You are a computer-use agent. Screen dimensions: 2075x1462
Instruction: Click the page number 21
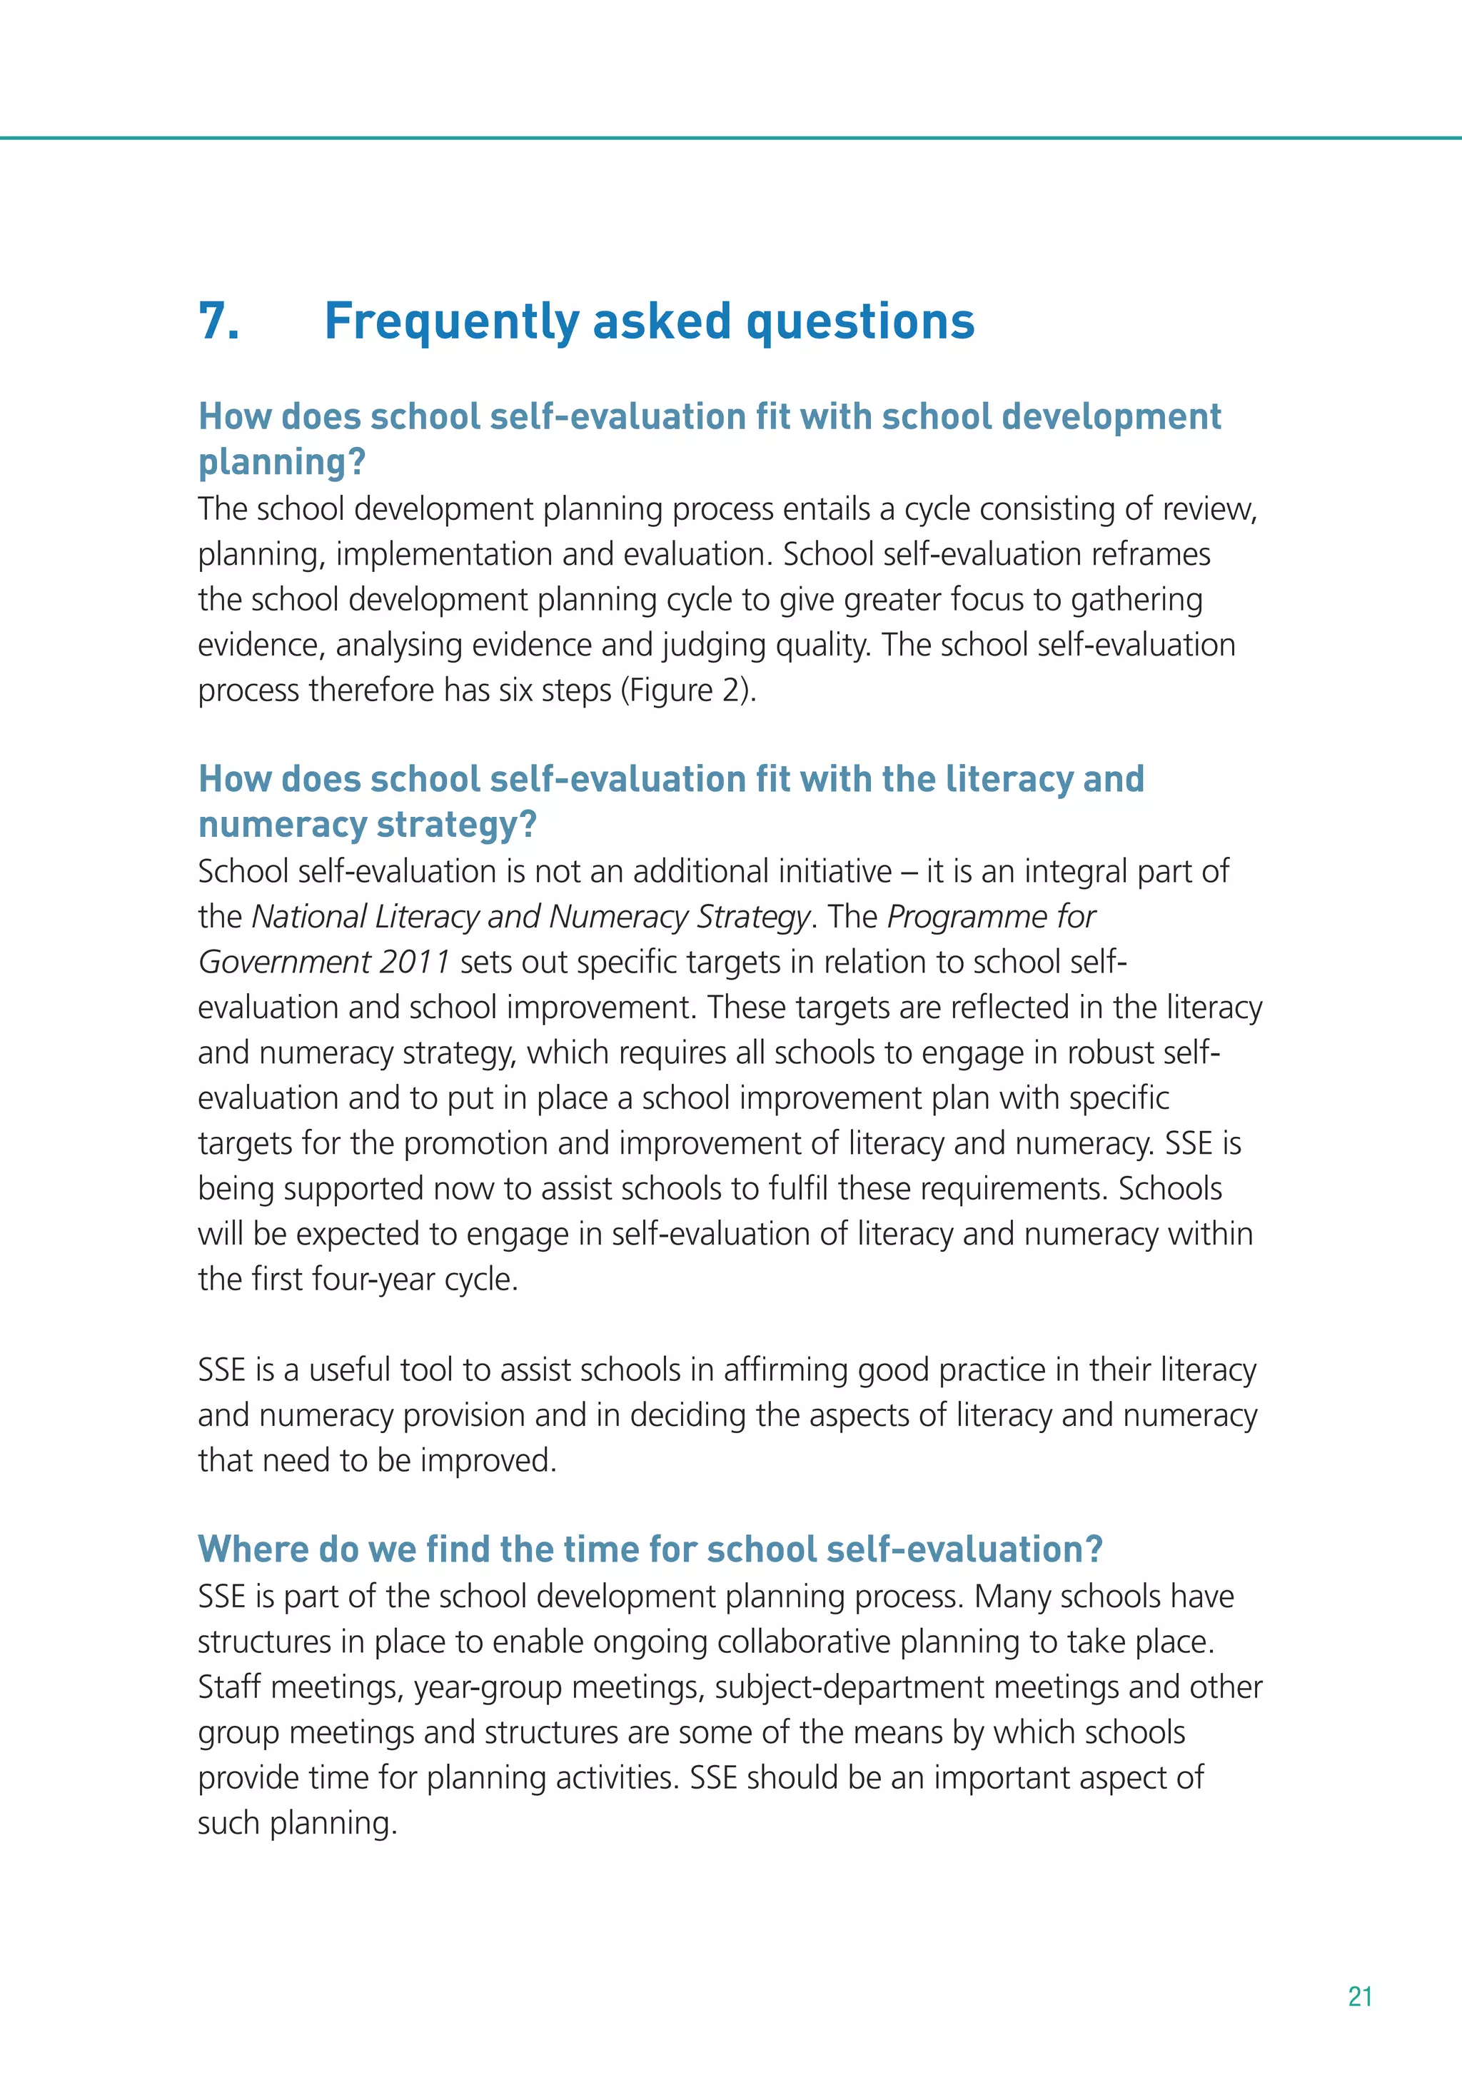(x=1360, y=1996)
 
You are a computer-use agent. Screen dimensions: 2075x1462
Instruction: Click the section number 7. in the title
(x=220, y=322)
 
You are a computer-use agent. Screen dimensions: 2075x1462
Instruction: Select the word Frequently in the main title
(x=451, y=322)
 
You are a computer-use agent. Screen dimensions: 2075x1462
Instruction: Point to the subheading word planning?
(x=282, y=463)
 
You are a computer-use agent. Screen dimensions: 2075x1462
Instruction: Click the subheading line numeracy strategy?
(x=367, y=824)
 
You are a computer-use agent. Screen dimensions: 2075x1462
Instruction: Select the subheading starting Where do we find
(x=650, y=1549)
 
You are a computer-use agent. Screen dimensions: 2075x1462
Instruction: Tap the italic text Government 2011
(x=323, y=963)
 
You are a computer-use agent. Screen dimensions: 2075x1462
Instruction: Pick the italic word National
(x=308, y=918)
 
